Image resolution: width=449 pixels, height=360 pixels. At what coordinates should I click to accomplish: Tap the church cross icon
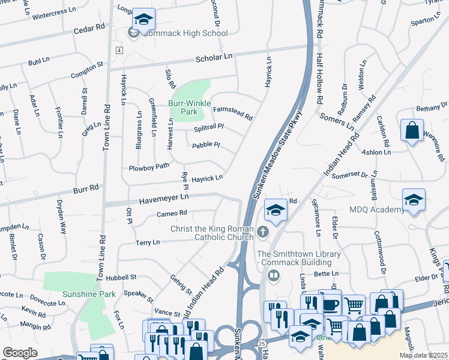(x=262, y=232)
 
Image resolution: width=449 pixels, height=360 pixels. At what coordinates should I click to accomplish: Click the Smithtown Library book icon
(x=274, y=275)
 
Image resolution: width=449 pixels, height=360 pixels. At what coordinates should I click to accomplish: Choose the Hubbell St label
(x=121, y=278)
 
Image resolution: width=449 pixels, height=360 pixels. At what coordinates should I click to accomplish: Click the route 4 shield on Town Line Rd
(x=120, y=50)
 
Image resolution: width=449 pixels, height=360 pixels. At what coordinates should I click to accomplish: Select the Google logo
(x=20, y=353)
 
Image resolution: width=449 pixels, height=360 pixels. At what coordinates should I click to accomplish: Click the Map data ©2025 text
(x=423, y=355)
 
